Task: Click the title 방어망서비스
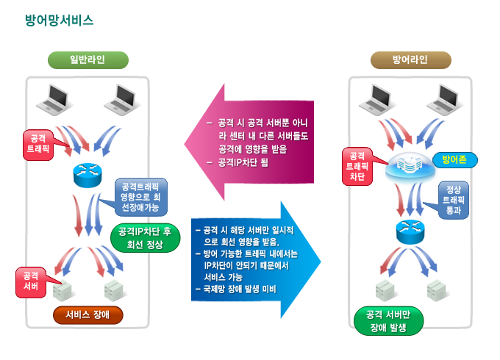click(x=60, y=21)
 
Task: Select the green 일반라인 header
click(x=88, y=60)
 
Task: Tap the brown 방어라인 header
click(x=410, y=60)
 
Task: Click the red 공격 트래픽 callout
click(x=37, y=143)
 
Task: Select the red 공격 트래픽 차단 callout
click(x=357, y=166)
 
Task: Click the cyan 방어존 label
click(x=450, y=158)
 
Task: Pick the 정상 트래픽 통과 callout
click(x=453, y=199)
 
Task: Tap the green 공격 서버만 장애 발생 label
click(x=387, y=322)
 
